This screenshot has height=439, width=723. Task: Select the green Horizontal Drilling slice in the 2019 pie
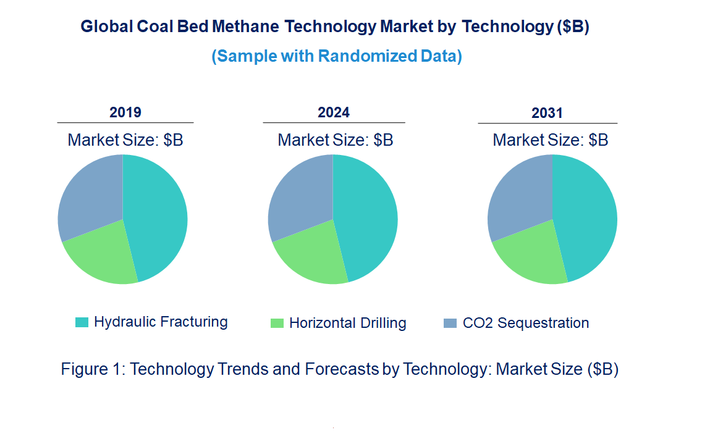pos(102,256)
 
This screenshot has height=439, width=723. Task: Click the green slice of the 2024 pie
pos(312,256)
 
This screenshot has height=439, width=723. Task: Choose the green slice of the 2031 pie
pos(531,256)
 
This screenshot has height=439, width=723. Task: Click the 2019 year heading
pos(125,112)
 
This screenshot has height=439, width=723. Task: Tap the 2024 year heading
pos(334,112)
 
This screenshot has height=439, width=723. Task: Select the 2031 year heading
pos(548,113)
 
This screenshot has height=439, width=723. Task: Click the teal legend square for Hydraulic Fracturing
pos(82,322)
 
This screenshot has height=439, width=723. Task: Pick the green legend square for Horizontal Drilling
pos(277,323)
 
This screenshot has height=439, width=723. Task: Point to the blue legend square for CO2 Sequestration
pos(450,323)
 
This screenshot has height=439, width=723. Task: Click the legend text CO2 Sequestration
pos(525,323)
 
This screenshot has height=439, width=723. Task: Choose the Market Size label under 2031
pos(550,140)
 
